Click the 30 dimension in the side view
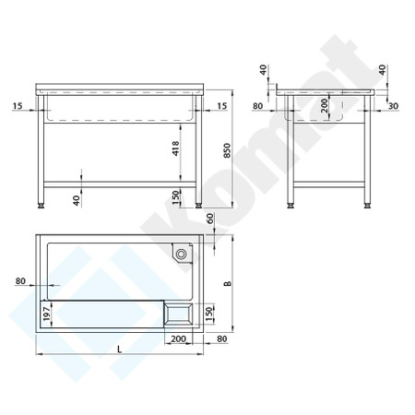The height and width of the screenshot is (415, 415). tap(394, 107)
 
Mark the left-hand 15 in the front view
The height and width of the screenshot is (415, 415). tap(18, 107)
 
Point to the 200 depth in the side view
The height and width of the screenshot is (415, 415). tap(324, 107)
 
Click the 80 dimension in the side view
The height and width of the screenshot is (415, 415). tap(259, 107)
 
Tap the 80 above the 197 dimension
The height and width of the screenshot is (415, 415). tap(20, 281)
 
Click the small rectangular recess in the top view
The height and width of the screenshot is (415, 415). tap(178, 314)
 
